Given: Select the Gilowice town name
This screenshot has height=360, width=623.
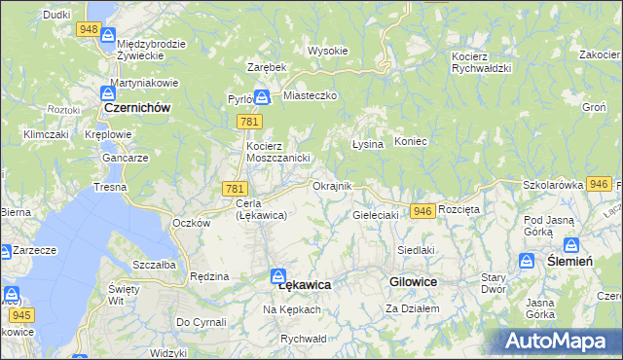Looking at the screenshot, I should click(413, 280).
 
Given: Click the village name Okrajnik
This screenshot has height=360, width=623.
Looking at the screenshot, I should click(332, 185).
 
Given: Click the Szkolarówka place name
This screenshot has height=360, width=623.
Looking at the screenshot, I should click(552, 184).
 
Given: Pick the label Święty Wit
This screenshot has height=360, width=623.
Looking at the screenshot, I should click(124, 293).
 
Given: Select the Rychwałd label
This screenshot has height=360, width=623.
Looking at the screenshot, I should click(302, 338).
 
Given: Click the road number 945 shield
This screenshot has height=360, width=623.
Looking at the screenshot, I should click(23, 314).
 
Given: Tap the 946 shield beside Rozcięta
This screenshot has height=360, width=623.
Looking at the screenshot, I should click(422, 211).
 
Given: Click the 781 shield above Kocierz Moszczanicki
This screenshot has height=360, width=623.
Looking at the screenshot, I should click(247, 121).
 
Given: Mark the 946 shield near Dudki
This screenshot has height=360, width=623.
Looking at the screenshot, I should click(89, 29).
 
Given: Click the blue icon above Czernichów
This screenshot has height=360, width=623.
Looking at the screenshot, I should click(107, 94).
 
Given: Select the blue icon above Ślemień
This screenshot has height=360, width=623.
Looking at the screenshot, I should click(572, 245).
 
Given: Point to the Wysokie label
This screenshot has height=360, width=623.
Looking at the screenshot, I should click(327, 51).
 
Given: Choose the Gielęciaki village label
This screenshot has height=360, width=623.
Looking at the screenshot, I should click(376, 214).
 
